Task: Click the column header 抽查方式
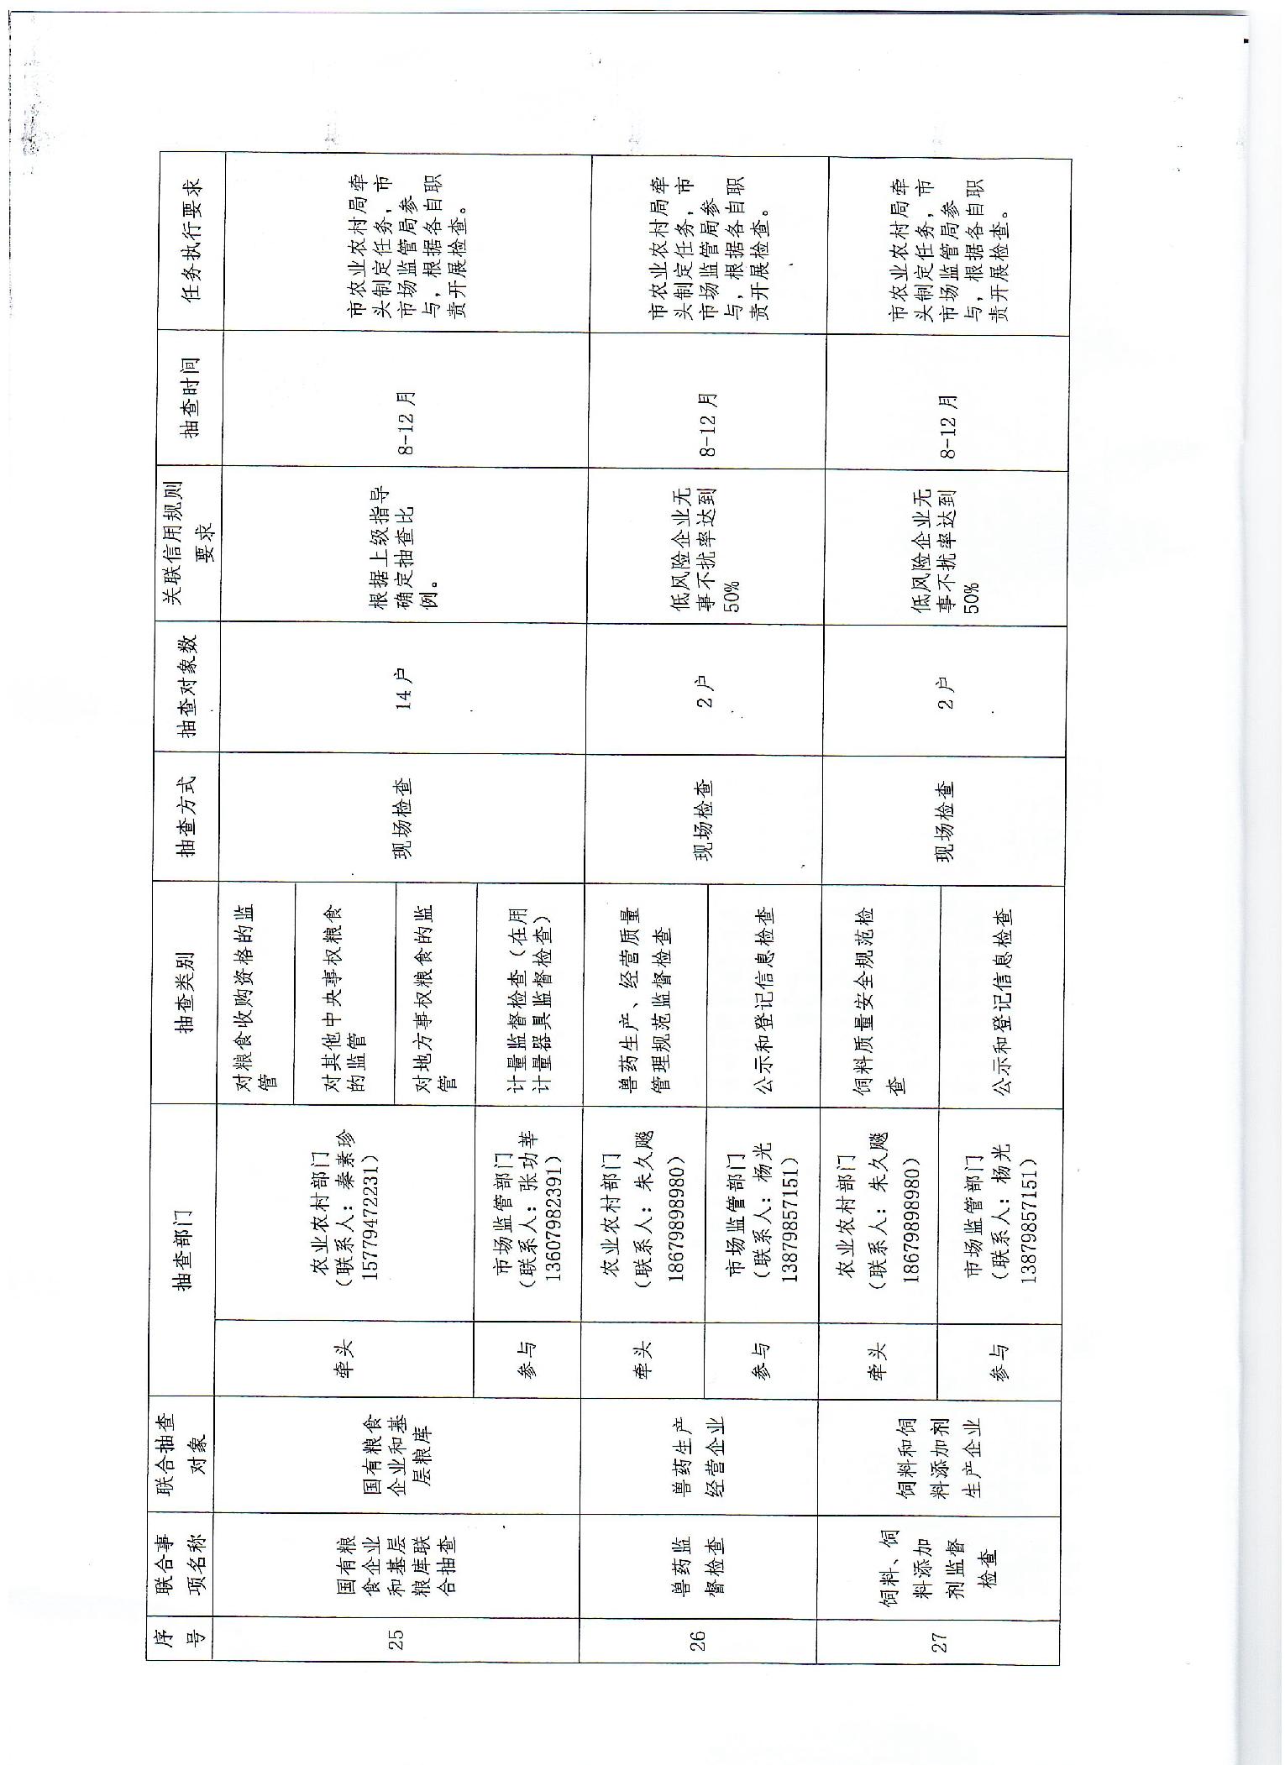(186, 816)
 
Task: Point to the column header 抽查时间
(190, 397)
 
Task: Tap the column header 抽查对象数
(188, 686)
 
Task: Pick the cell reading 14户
(404, 687)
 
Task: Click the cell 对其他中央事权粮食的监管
(345, 995)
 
